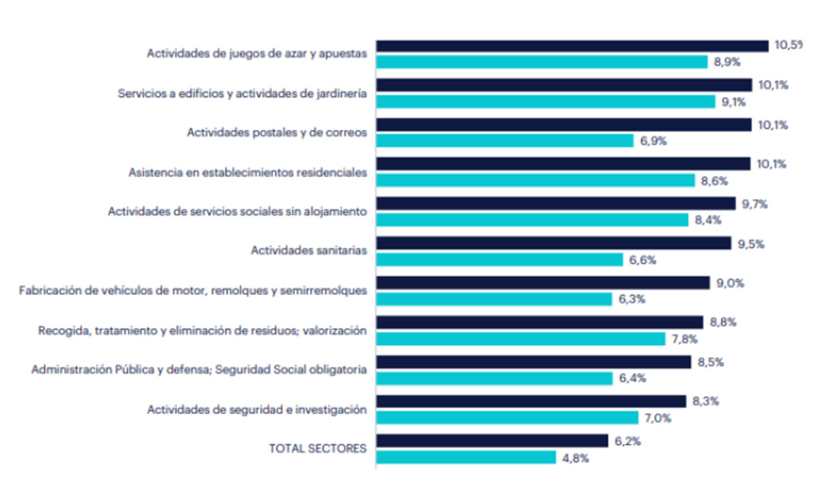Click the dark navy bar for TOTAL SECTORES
[x=492, y=441]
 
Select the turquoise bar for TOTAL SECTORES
[x=466, y=457]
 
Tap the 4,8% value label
[x=575, y=458]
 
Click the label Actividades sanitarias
[x=309, y=250]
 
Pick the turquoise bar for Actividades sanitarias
[x=499, y=259]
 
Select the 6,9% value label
[x=653, y=141]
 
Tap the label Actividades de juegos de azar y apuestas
[x=257, y=53]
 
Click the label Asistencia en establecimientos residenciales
[x=248, y=172]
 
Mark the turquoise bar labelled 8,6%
[x=536, y=180]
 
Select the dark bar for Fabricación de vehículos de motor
[x=543, y=283]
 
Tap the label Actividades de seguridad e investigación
[x=257, y=409]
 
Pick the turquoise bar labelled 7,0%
[x=507, y=417]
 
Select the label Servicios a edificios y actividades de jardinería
[x=242, y=93]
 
